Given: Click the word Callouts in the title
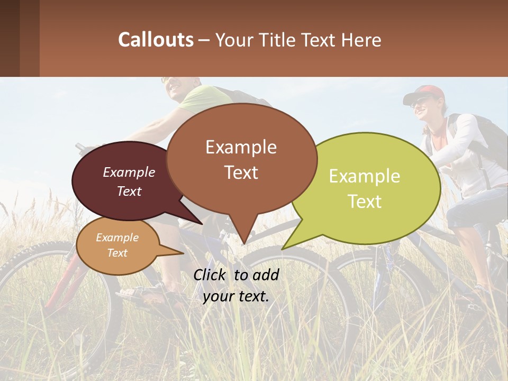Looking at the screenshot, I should click(x=156, y=40).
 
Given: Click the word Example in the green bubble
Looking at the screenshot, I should click(x=364, y=176).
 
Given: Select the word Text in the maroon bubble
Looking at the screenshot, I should click(x=129, y=192).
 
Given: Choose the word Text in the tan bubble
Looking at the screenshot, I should click(x=117, y=253).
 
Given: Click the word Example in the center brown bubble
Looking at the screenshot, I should click(x=241, y=147).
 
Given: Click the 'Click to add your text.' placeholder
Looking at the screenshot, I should click(x=236, y=285).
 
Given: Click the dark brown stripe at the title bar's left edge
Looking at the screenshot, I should click(x=10, y=38).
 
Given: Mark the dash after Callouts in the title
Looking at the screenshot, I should click(x=204, y=40).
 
